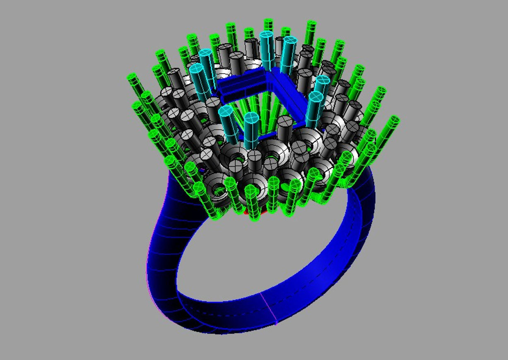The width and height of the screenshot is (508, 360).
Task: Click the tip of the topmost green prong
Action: pos(268,22)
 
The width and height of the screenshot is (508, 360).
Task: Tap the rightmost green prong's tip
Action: pos(394,120)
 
